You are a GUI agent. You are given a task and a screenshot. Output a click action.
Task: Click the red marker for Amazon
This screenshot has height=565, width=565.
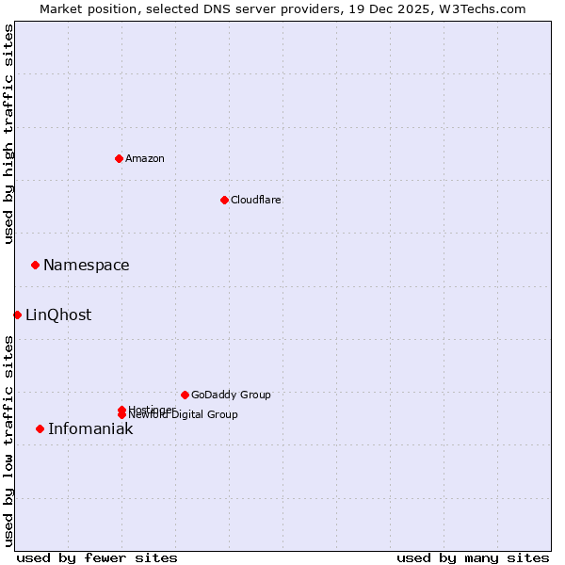(119, 158)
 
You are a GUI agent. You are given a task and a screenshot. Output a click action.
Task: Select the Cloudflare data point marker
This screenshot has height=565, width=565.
(224, 200)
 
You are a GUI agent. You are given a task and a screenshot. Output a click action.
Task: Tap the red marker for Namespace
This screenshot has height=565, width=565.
(35, 265)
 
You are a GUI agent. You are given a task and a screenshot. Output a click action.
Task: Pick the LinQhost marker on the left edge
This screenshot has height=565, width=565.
(17, 315)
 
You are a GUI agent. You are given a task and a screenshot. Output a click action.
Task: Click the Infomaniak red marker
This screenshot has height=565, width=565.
(40, 428)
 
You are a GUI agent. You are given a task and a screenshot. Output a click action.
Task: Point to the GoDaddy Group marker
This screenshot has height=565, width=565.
(185, 395)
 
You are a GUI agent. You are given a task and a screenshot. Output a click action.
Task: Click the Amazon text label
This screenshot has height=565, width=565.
(145, 158)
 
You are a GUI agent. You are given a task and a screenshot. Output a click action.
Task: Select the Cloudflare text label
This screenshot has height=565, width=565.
(255, 200)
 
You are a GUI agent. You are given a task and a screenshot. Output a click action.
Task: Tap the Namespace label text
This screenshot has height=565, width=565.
(86, 266)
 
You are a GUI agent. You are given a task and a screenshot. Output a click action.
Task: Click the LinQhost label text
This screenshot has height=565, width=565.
(58, 315)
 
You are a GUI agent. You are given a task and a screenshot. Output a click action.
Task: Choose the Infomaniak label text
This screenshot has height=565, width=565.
(90, 429)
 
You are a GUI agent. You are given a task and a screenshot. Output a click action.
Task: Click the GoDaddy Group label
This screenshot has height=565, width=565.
(231, 395)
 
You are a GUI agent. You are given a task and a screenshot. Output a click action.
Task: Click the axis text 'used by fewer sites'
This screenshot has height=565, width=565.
(97, 557)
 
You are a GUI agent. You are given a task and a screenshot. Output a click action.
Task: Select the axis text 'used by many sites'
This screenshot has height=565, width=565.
(473, 557)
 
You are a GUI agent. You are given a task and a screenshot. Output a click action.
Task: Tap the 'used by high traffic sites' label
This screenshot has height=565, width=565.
(8, 134)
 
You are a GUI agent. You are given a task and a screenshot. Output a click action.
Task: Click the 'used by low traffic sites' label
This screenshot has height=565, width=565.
(8, 440)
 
